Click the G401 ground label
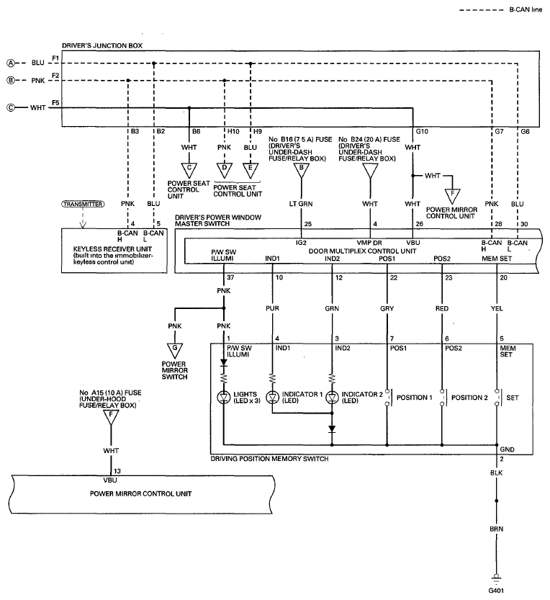pos(496,591)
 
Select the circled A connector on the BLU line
pos(12,63)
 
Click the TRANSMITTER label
pos(83,205)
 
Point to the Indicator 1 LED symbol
pos(272,398)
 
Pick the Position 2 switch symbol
pos(442,398)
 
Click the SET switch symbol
pos(497,398)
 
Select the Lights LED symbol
pos(223,398)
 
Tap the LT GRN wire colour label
pos(301,204)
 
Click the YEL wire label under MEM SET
pos(497,308)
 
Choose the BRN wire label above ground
pos(496,529)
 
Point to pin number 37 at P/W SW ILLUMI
pos(230,277)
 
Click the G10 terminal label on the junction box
pos(422,131)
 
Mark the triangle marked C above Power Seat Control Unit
pos(189,170)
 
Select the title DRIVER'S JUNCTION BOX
pos(102,45)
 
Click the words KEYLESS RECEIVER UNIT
pos(112,248)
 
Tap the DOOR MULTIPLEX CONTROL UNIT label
pos(362,251)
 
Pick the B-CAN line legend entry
pos(501,9)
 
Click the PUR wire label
pos(272,308)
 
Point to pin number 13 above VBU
pos(117,471)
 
